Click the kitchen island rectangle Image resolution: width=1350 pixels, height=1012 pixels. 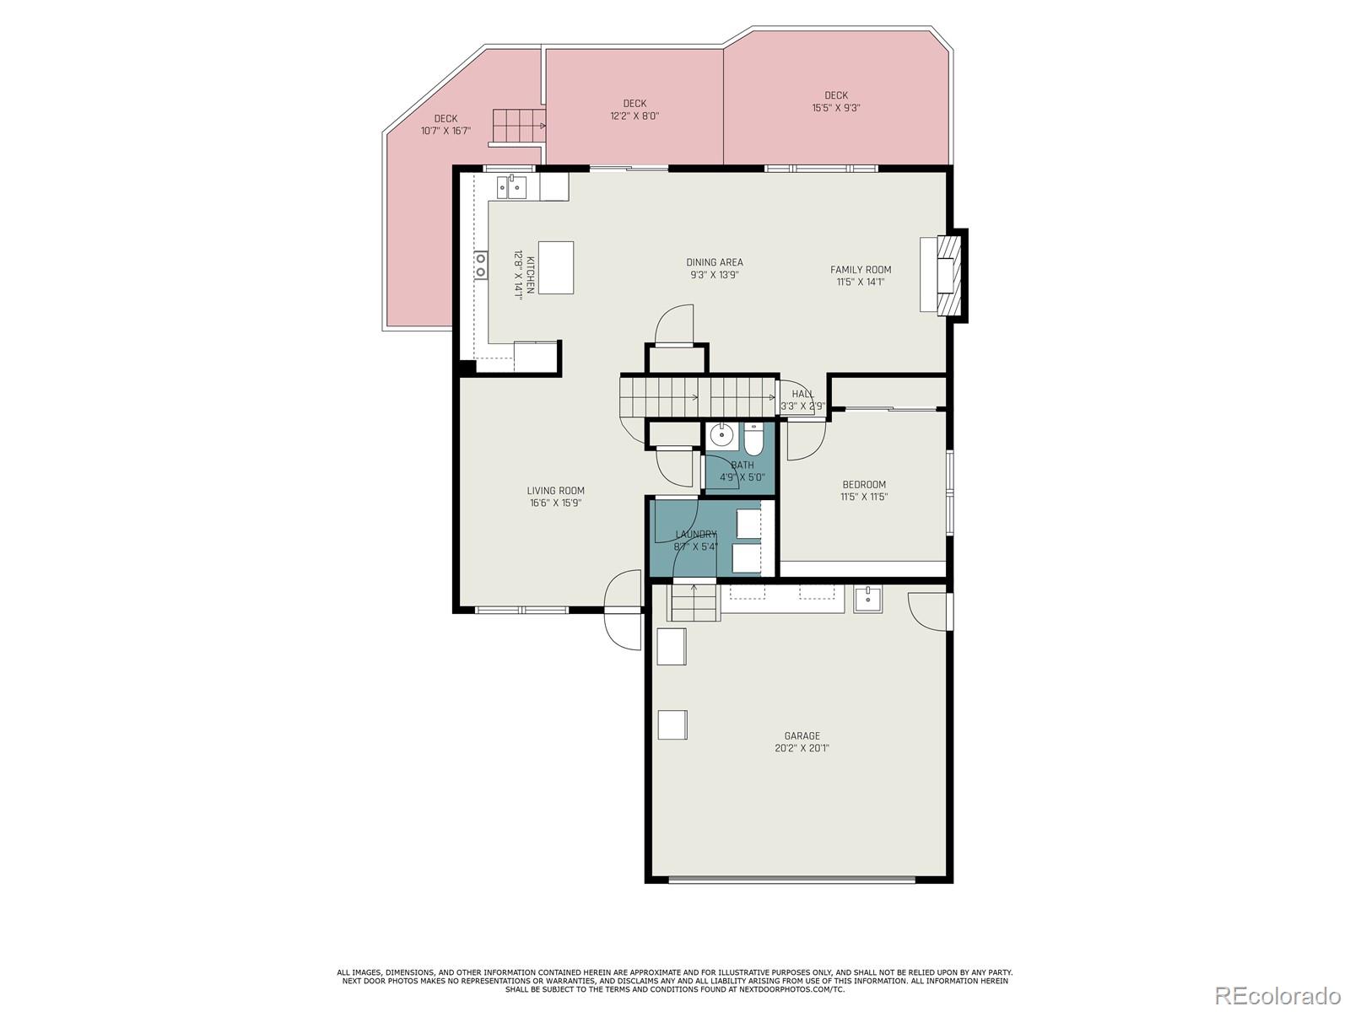[x=555, y=267]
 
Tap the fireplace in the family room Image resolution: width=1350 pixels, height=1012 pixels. [x=942, y=275]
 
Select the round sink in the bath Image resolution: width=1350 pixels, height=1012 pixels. [x=722, y=437]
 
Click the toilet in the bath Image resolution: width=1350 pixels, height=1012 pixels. [x=753, y=440]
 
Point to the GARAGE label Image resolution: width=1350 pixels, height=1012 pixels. [x=802, y=735]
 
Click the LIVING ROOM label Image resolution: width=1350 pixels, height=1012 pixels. [x=555, y=490]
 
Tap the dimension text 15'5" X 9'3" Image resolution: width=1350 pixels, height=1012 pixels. [x=835, y=108]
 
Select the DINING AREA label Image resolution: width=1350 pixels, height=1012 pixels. [x=714, y=262]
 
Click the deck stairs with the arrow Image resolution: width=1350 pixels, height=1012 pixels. [x=516, y=126]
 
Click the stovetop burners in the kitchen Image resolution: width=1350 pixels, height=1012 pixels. [x=480, y=265]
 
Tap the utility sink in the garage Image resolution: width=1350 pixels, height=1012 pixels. [x=867, y=599]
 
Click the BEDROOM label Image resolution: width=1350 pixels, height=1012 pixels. [x=864, y=484]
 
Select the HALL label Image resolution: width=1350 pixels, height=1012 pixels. [x=802, y=394]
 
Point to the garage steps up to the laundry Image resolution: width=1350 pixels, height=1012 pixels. [x=694, y=603]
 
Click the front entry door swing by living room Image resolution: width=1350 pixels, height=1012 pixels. [x=623, y=610]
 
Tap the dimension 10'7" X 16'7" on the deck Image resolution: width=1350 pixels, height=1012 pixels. [x=445, y=131]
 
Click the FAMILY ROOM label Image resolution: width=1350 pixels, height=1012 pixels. [x=860, y=270]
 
